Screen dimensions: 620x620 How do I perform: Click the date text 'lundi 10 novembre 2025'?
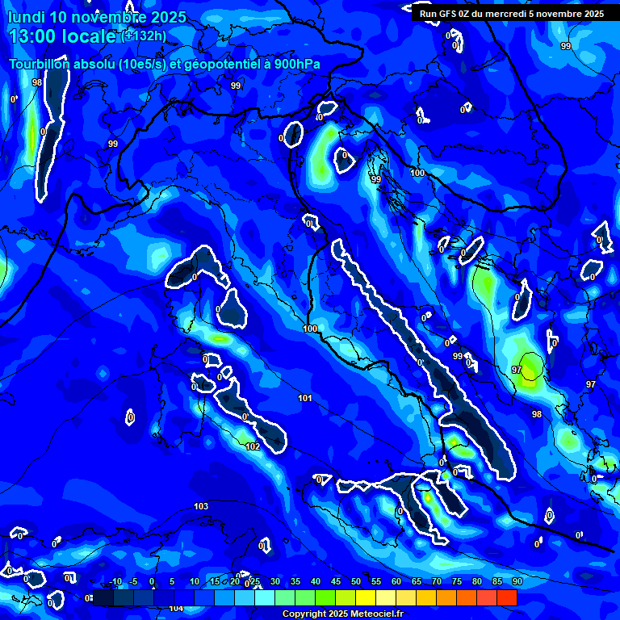[97, 17]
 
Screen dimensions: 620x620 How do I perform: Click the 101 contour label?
[304, 398]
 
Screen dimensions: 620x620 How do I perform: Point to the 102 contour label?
[253, 446]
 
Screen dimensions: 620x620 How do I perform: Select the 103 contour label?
[201, 506]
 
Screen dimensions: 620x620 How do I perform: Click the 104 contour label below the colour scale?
[176, 608]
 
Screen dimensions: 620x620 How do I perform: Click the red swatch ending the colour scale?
[507, 597]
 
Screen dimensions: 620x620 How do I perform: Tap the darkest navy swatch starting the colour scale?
[103, 597]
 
